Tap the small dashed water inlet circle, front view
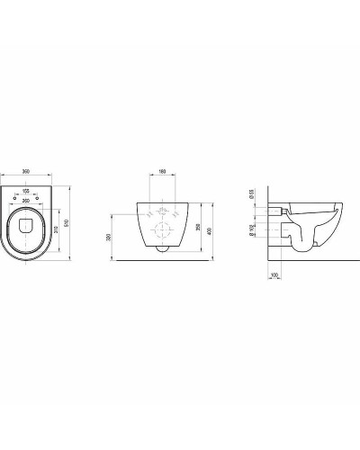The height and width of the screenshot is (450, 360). [x=161, y=213]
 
